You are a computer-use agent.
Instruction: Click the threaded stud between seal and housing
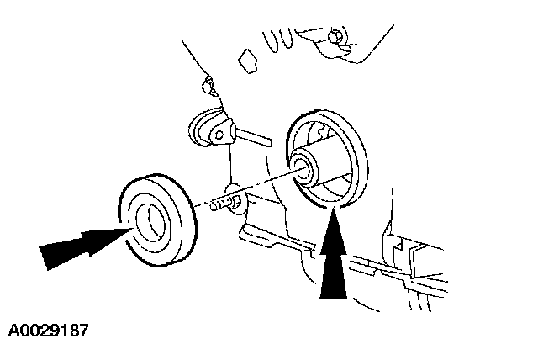220,204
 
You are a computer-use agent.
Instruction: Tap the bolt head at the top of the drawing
335,36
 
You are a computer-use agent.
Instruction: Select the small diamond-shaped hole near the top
248,59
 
